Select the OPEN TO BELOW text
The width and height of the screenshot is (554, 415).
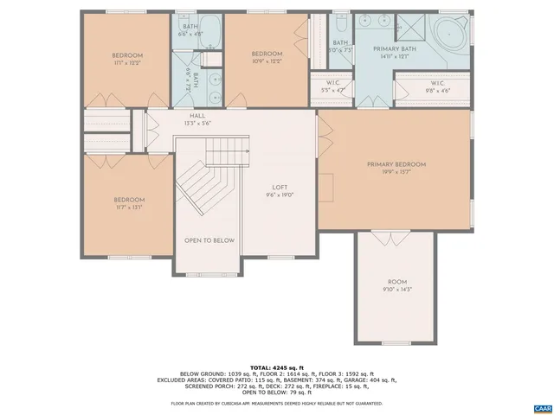(x=209, y=240)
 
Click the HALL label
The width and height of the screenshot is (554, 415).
(x=197, y=119)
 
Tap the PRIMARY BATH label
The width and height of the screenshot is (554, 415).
(x=394, y=53)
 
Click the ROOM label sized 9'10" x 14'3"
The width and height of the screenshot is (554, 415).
(x=396, y=285)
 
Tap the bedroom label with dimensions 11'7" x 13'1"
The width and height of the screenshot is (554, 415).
(x=127, y=203)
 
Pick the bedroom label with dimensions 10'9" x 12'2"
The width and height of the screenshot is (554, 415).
(x=267, y=57)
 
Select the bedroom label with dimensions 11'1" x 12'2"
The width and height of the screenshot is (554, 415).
(x=127, y=59)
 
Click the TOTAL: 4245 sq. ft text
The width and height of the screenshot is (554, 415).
(x=276, y=367)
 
